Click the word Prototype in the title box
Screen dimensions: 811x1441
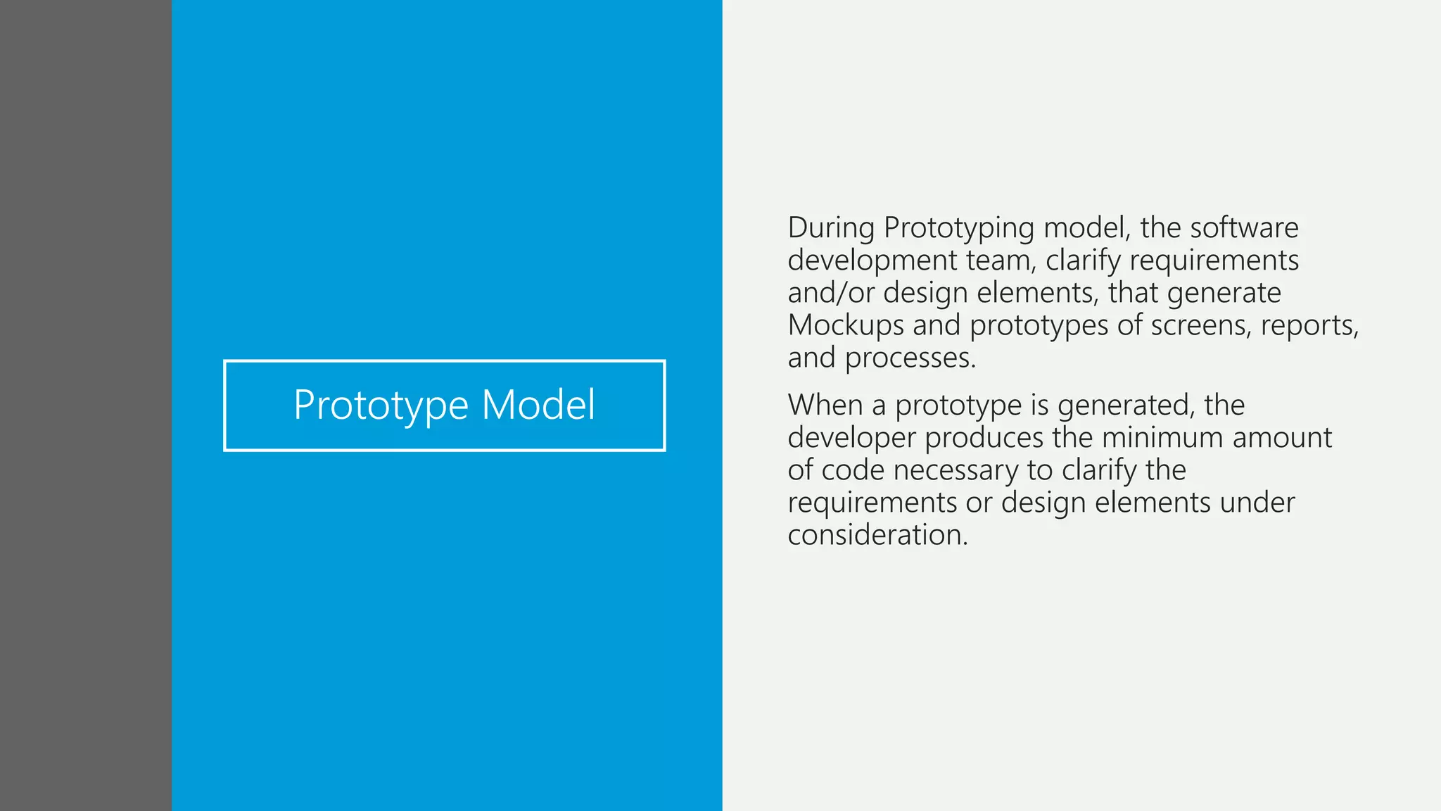coord(381,405)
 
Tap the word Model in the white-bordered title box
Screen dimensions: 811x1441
coord(538,405)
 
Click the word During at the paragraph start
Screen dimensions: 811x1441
coord(831,228)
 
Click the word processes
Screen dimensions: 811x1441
coord(910,358)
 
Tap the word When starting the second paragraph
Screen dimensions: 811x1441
coord(825,405)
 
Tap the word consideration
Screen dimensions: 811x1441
coord(877,535)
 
